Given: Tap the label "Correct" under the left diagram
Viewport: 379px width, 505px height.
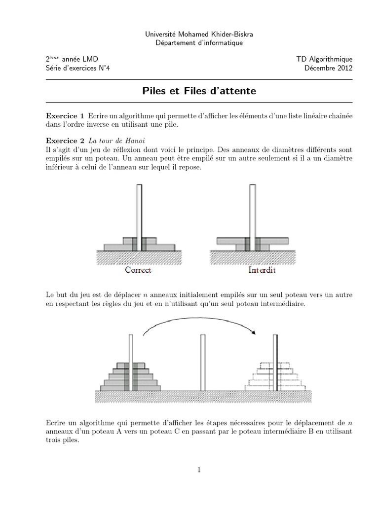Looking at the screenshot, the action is pos(138,270).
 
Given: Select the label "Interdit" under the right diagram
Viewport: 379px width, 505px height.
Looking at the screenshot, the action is pos(262,270).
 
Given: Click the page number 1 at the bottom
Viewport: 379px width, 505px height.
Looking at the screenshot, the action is pos(199,470).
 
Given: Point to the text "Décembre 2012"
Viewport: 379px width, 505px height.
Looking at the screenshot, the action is pos(329,68).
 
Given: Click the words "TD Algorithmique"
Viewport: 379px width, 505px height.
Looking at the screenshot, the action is pos(324,59).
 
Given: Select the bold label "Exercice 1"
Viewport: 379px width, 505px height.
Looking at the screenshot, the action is pos(65,115).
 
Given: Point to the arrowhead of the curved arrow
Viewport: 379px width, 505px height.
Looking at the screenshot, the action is pos(254,332).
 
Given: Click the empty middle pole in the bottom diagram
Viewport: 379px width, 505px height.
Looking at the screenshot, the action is pos(202,362).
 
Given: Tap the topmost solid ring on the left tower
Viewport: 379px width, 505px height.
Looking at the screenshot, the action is pos(131,365).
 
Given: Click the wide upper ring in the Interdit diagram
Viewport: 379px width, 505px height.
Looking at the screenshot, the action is pos(253,241).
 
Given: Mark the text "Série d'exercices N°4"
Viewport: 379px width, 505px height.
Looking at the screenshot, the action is pos(78,68).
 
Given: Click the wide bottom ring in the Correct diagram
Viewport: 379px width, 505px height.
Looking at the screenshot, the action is pos(139,247).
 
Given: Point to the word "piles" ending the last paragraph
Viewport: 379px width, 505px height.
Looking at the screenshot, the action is pos(69,441).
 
